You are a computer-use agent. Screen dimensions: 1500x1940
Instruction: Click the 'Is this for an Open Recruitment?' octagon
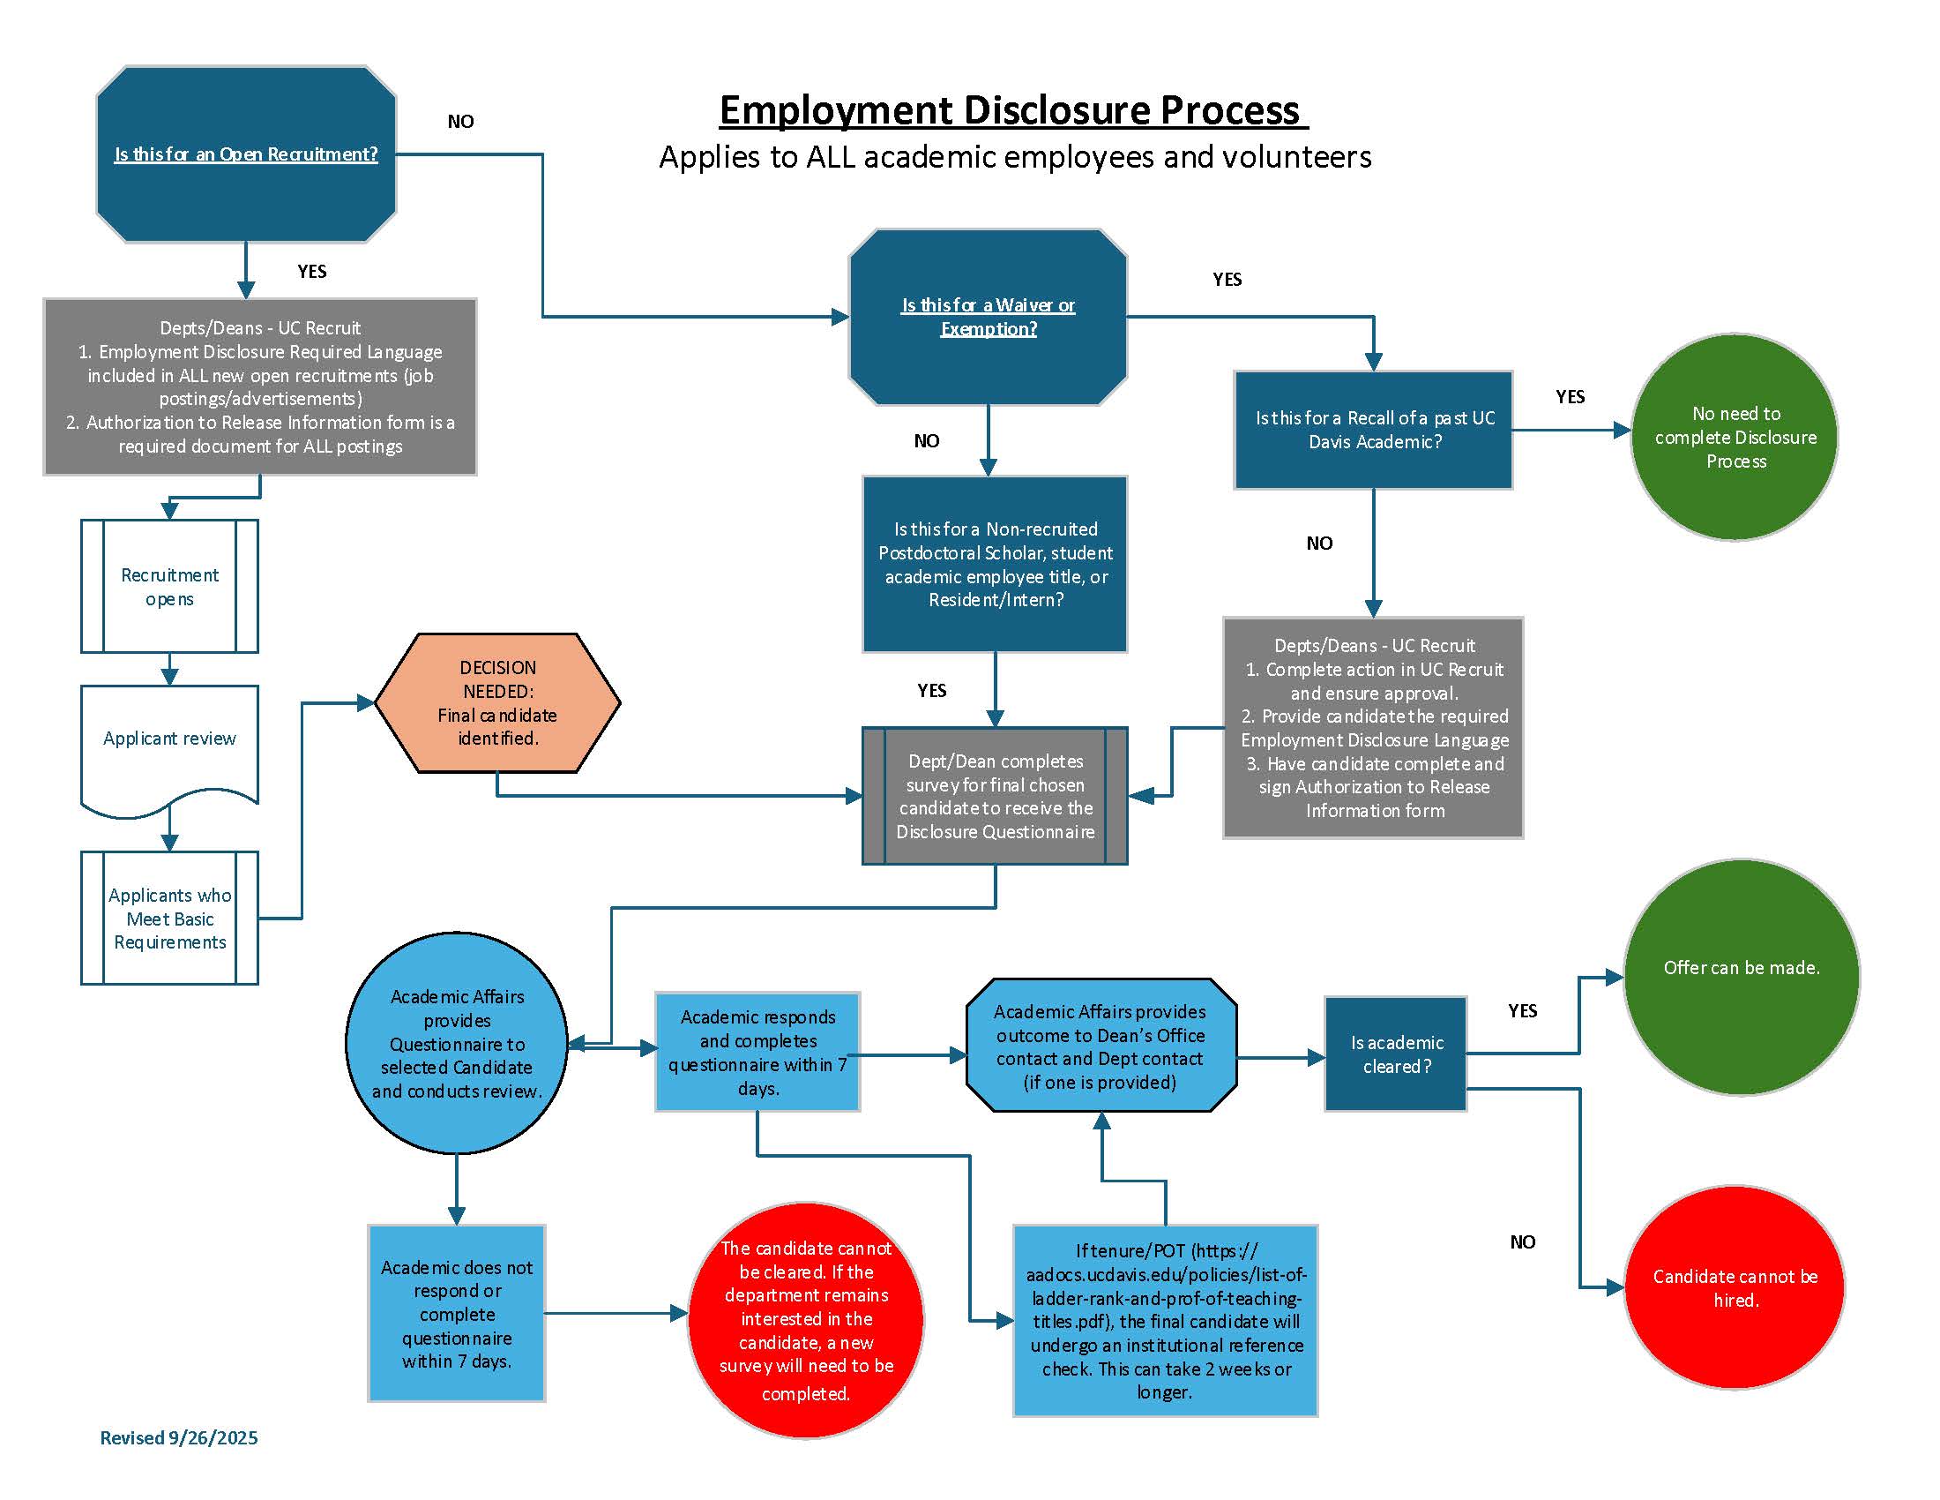246,154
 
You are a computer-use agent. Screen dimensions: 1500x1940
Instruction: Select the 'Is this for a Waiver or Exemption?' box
988,318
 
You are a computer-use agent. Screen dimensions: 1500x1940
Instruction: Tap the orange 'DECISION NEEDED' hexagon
497,703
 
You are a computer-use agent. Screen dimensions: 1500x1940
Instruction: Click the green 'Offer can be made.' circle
1741,977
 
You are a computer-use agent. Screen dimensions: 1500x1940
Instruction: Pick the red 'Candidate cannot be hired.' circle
1734,1287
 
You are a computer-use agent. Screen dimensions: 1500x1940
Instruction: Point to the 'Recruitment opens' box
169,587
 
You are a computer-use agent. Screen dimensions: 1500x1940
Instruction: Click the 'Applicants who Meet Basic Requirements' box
169,918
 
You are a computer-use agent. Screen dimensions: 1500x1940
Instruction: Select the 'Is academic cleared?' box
1396,1054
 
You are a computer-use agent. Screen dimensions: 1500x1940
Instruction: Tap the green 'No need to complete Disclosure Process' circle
1735,437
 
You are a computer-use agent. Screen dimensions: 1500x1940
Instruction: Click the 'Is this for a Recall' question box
1373,430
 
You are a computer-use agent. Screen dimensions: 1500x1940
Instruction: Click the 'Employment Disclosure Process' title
1012,110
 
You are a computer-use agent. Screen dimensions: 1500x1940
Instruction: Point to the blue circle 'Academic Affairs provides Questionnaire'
457,1043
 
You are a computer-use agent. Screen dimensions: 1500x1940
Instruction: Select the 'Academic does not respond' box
457,1314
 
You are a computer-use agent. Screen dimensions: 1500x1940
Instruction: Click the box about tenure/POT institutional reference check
1165,1321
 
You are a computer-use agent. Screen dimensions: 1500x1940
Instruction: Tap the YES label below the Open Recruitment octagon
312,272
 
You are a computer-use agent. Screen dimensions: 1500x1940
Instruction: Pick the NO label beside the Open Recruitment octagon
460,122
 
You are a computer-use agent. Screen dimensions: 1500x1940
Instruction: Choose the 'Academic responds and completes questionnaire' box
757,1052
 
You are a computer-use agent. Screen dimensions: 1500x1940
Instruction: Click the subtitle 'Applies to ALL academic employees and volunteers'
1014,157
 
